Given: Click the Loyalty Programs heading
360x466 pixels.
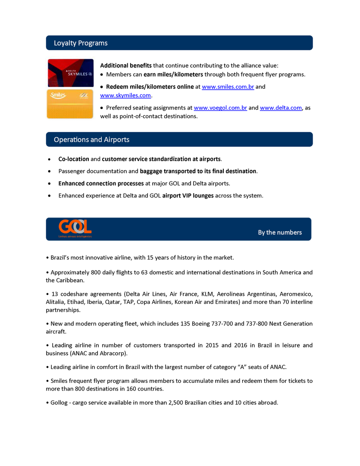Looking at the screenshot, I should [81, 43].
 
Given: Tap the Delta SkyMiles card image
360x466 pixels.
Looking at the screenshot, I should [70, 73].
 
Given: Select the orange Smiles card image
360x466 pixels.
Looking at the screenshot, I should [70, 103].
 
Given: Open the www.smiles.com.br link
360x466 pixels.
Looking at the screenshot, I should [228, 87].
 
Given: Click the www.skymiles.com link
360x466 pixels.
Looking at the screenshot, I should [125, 95].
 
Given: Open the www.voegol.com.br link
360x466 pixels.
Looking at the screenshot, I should [220, 108].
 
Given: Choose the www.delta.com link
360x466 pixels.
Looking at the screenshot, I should [281, 108].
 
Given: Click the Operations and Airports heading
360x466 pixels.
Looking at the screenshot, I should [91, 140].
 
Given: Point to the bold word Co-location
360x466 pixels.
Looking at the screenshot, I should [74, 159].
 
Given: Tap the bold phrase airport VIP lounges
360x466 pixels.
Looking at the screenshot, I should [188, 196].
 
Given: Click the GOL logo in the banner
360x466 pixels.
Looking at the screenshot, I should [75, 227].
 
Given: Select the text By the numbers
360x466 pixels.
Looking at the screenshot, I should [280, 232].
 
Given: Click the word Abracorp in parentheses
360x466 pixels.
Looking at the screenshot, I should [113, 353].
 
